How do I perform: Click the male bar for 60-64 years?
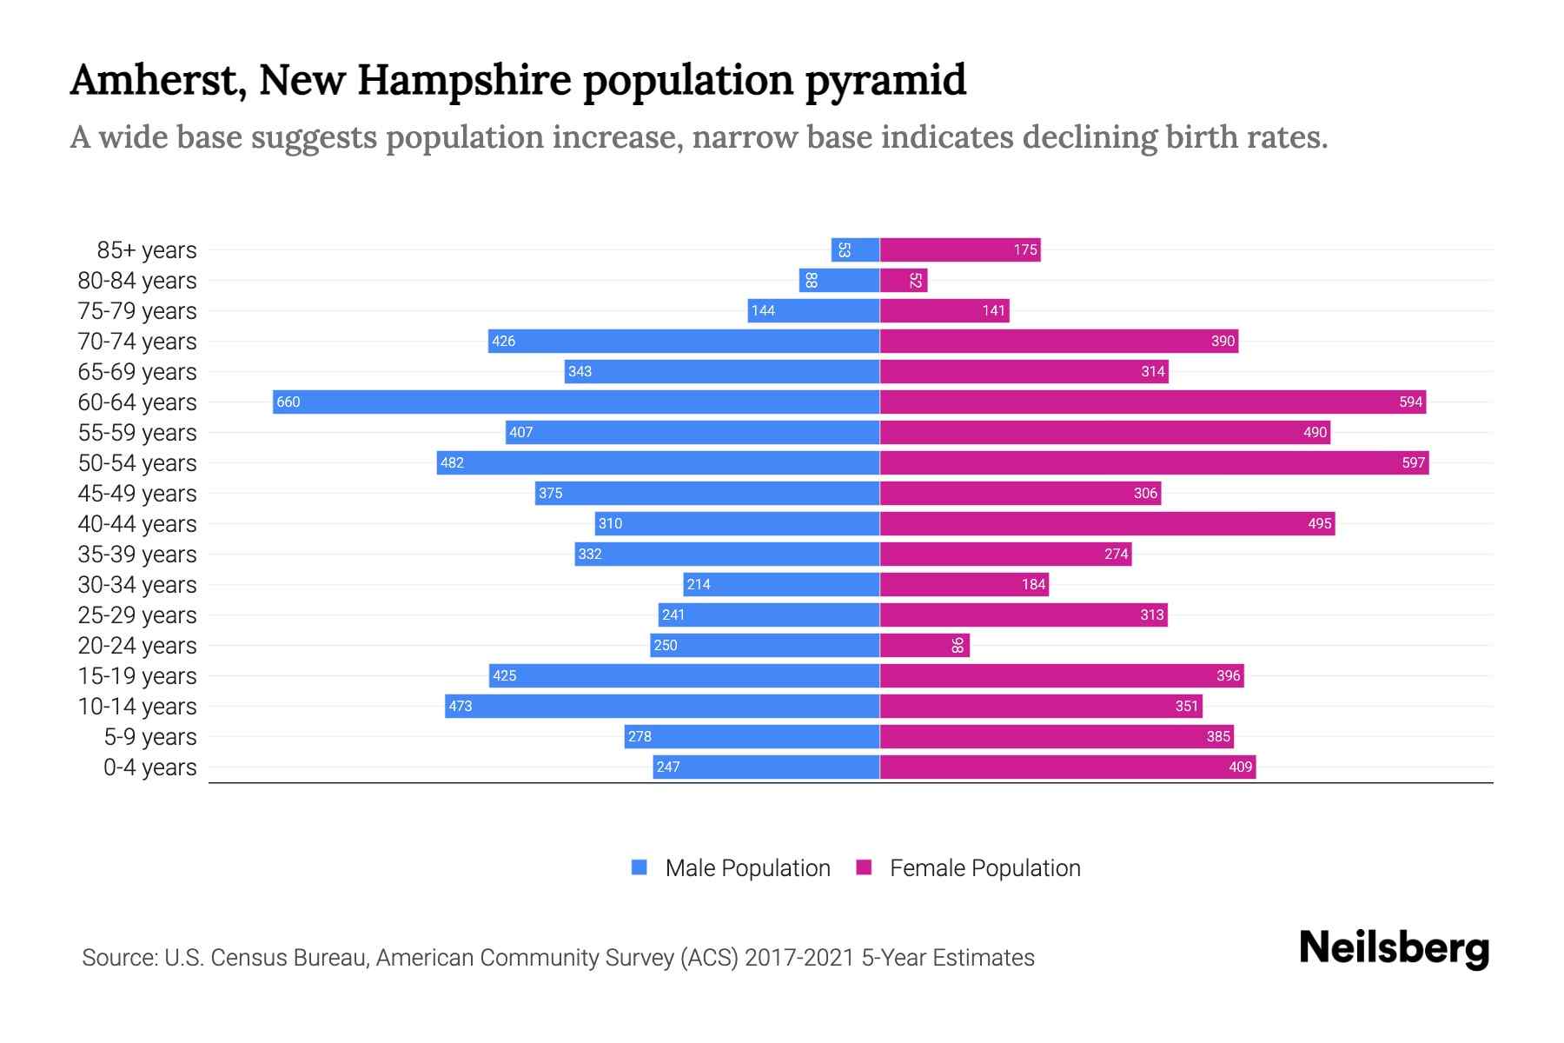click(x=576, y=402)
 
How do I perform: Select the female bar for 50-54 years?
click(x=1154, y=462)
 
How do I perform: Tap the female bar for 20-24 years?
click(x=924, y=645)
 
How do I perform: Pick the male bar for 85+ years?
click(x=855, y=249)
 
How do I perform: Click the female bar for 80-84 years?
click(x=904, y=280)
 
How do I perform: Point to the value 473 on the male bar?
click(x=461, y=706)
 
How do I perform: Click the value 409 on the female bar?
click(x=1240, y=767)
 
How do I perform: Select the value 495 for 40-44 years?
click(x=1319, y=523)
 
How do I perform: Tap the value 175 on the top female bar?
click(x=1025, y=249)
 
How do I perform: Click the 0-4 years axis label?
click(x=149, y=767)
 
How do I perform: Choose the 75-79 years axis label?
click(x=137, y=311)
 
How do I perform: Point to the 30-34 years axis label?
click(x=137, y=585)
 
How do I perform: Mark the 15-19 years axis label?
click(x=137, y=676)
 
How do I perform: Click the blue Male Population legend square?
click(x=640, y=867)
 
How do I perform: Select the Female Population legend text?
click(x=984, y=867)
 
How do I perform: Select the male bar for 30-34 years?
click(x=781, y=584)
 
